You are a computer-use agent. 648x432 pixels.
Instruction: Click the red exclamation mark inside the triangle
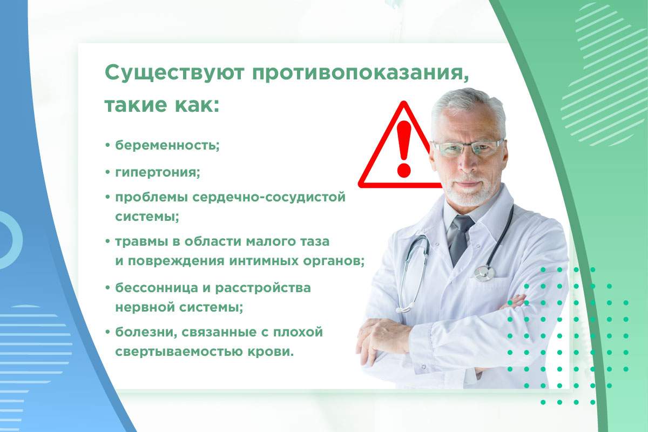[x=403, y=149]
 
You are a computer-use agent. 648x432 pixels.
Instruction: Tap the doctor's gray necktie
[x=460, y=238]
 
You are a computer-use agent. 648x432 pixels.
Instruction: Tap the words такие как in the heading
[x=161, y=104]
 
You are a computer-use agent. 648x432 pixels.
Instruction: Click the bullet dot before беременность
[x=107, y=146]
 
